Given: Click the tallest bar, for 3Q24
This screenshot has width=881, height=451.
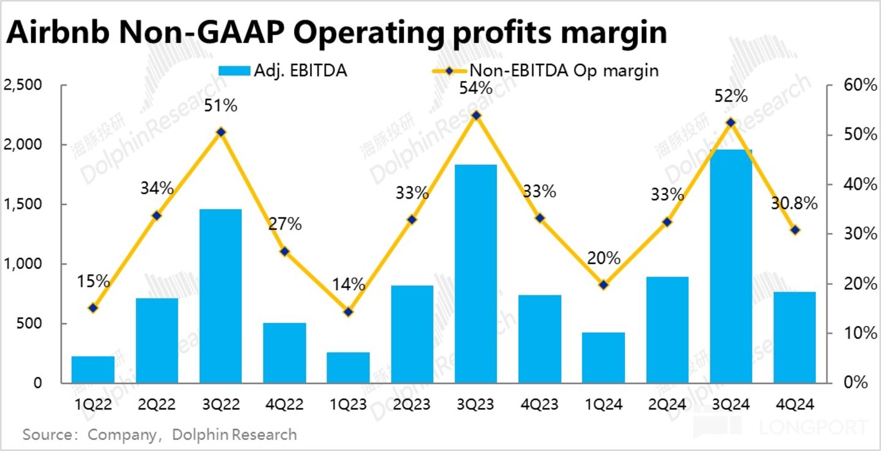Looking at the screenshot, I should pyautogui.click(x=731, y=266).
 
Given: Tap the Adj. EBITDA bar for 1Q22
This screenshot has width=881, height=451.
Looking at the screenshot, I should pyautogui.click(x=93, y=370).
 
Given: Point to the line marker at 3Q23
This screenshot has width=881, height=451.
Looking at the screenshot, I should pyautogui.click(x=476, y=115).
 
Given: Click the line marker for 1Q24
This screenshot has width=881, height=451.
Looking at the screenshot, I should pyautogui.click(x=603, y=285).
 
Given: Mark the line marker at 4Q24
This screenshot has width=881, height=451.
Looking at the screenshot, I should pyautogui.click(x=795, y=230).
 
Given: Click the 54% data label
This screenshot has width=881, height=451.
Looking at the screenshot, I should pyautogui.click(x=476, y=88).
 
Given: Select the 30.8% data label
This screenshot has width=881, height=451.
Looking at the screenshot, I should pyautogui.click(x=794, y=203).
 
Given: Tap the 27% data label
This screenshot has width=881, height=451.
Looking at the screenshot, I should pyautogui.click(x=284, y=224).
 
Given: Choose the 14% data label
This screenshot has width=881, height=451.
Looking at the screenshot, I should pyautogui.click(x=349, y=284).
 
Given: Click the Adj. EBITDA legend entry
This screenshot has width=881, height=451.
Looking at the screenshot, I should pyautogui.click(x=282, y=70).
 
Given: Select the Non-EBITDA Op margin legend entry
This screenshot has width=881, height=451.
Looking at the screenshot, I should pyautogui.click(x=549, y=70).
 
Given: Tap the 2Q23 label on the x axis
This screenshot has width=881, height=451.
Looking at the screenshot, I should pyautogui.click(x=412, y=404).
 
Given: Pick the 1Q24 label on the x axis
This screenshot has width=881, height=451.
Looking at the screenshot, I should pyautogui.click(x=603, y=404).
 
